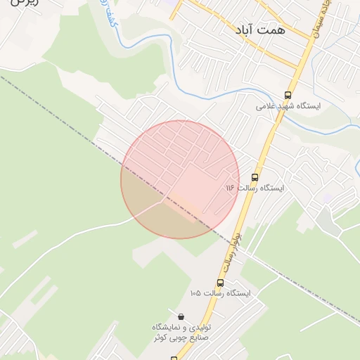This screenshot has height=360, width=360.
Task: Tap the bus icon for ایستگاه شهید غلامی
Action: click(x=288, y=95)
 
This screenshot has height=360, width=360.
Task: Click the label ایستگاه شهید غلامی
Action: click(x=288, y=106)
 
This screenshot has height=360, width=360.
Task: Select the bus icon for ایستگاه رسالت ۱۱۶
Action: click(x=255, y=177)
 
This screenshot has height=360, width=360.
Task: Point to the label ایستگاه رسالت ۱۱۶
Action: click(x=255, y=188)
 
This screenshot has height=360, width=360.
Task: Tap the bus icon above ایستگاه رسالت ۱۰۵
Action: click(x=220, y=283)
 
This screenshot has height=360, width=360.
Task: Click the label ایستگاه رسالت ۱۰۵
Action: click(x=220, y=293)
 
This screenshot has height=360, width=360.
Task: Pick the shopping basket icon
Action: click(x=182, y=317)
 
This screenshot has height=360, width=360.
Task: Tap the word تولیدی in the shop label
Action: click(x=202, y=328)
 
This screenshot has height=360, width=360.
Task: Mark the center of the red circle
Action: click(x=180, y=179)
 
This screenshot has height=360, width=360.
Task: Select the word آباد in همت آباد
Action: click(x=247, y=30)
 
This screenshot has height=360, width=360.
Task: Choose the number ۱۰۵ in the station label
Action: click(x=195, y=293)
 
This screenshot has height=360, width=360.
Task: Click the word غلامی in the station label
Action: click(x=264, y=106)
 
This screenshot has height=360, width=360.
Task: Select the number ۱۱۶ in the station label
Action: click(x=230, y=188)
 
